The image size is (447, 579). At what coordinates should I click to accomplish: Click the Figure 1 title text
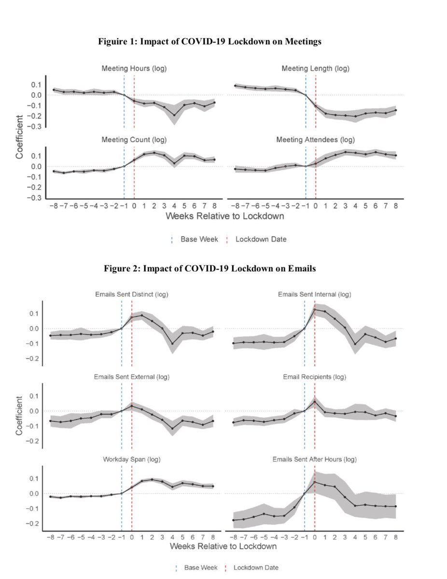tap(210, 42)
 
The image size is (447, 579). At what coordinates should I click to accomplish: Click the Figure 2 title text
tap(210, 269)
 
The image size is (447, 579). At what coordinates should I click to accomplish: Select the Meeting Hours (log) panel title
tap(134, 69)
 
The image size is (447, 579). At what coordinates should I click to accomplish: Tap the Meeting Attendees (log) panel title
tap(315, 140)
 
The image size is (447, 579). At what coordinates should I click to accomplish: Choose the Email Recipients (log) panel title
tap(315, 377)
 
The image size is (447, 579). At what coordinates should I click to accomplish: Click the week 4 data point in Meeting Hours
tap(174, 115)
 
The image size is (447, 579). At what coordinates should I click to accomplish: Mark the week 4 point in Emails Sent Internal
tap(355, 344)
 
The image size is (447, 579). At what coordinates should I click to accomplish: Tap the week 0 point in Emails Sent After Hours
tap(315, 482)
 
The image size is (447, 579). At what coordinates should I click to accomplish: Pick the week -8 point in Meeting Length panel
tap(235, 85)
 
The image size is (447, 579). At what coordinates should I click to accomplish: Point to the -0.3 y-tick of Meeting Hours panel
tap(35, 126)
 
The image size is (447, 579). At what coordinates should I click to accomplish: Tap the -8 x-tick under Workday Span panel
tap(50, 537)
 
